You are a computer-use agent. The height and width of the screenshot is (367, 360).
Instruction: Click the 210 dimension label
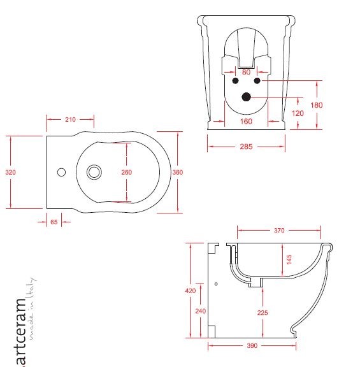(x=70, y=119)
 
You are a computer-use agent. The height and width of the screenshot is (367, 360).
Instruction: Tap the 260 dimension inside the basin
(x=127, y=172)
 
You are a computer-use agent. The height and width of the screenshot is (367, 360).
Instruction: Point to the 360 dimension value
(x=178, y=172)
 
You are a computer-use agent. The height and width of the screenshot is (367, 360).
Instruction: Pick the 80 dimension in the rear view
(x=246, y=72)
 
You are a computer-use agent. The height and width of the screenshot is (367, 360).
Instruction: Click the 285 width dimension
(x=246, y=147)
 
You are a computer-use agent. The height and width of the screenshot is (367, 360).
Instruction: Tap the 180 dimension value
(x=317, y=105)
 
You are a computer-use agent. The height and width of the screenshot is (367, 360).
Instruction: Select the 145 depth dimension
(x=289, y=260)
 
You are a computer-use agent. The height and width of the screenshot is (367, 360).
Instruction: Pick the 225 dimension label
(x=263, y=313)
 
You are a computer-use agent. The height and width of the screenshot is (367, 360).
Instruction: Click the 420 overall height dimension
(x=190, y=291)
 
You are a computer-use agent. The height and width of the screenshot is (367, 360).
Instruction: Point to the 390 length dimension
(x=252, y=346)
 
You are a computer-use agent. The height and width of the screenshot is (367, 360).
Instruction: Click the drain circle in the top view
(x=94, y=172)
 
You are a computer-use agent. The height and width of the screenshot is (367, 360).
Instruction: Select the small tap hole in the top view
(x=62, y=172)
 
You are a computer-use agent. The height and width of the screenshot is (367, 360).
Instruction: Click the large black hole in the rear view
(x=246, y=97)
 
